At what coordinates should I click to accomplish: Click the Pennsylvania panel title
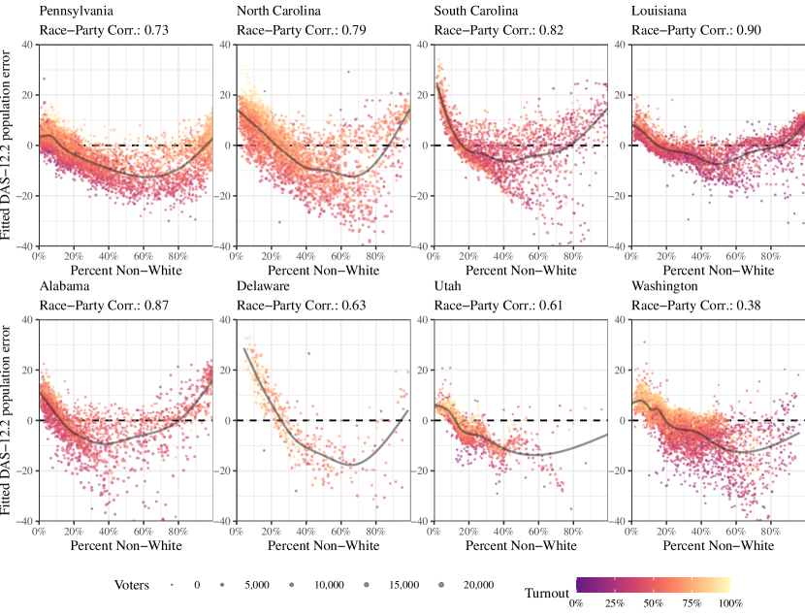click(x=76, y=12)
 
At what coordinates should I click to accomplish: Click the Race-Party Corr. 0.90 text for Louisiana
click(x=695, y=31)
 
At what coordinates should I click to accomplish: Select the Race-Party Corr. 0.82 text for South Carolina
click(x=499, y=31)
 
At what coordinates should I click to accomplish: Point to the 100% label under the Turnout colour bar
click(x=729, y=603)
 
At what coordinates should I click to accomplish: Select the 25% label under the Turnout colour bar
click(x=614, y=603)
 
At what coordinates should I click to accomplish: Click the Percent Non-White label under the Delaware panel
click(x=323, y=546)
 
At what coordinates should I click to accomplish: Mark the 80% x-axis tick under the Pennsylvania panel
click(x=177, y=256)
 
